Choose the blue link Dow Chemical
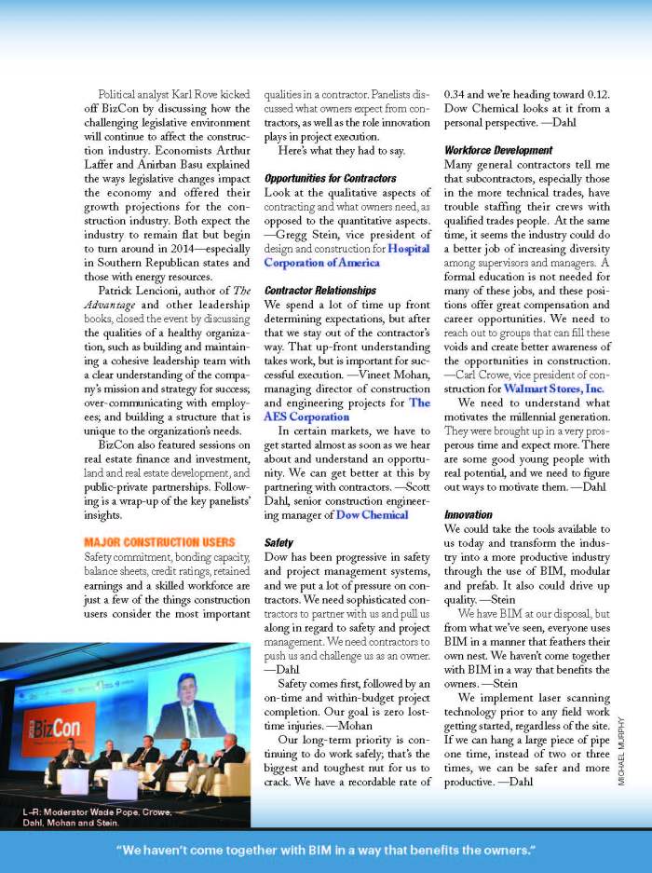[x=372, y=514]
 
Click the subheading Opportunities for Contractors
[x=330, y=178]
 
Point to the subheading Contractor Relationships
[x=319, y=291]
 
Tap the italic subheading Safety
[x=278, y=542]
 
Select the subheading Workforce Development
[x=497, y=150]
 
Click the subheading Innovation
[x=468, y=514]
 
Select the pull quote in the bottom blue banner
[x=325, y=851]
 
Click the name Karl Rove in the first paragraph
[x=209, y=95]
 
